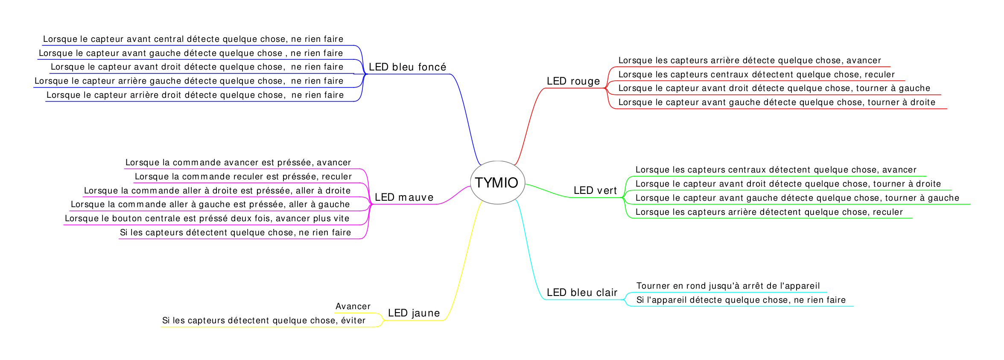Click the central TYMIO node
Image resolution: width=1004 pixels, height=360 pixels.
pyautogui.click(x=497, y=183)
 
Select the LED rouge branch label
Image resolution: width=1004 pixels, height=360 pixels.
pyautogui.click(x=573, y=81)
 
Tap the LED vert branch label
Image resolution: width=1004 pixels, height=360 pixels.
pyautogui.click(x=595, y=190)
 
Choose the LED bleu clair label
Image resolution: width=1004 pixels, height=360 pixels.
pyautogui.click(x=582, y=293)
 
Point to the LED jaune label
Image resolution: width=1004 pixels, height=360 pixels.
pyautogui.click(x=414, y=313)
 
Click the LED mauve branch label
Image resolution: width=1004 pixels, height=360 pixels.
pyautogui.click(x=404, y=197)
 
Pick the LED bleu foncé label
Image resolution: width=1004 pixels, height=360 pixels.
pyautogui.click(x=407, y=67)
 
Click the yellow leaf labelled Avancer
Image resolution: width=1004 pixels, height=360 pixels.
pyautogui.click(x=353, y=307)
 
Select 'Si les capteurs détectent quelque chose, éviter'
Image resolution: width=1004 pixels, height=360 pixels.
pyautogui.click(x=264, y=321)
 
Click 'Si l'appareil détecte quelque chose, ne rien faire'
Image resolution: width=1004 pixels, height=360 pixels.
pyautogui.click(x=741, y=300)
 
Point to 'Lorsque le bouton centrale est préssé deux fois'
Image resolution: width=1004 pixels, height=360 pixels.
pyautogui.click(x=207, y=219)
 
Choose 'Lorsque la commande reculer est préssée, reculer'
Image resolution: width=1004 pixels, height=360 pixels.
pyautogui.click(x=243, y=177)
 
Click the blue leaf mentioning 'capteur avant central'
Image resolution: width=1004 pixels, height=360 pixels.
pyautogui.click(x=193, y=39)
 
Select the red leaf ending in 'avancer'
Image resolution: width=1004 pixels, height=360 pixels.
pyautogui.click(x=749, y=61)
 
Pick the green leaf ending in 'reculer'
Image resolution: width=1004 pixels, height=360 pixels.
pyautogui.click(x=769, y=212)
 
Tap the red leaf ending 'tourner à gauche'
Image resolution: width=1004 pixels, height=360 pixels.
pyautogui.click(x=774, y=88)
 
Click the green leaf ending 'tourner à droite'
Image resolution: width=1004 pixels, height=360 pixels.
pyautogui.click(x=788, y=184)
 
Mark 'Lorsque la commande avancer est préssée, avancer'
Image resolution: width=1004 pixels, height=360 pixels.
pyautogui.click(x=238, y=163)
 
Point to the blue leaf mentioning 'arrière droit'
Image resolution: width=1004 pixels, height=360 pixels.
pyautogui.click(x=195, y=95)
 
